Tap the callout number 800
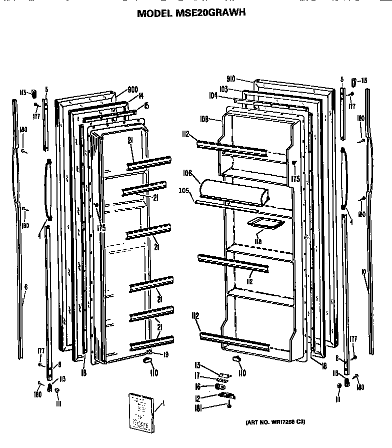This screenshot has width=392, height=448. click(132, 90)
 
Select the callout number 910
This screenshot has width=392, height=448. click(230, 79)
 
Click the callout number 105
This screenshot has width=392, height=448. click(184, 190)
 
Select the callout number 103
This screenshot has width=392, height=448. click(223, 89)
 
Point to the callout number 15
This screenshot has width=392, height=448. click(146, 105)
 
